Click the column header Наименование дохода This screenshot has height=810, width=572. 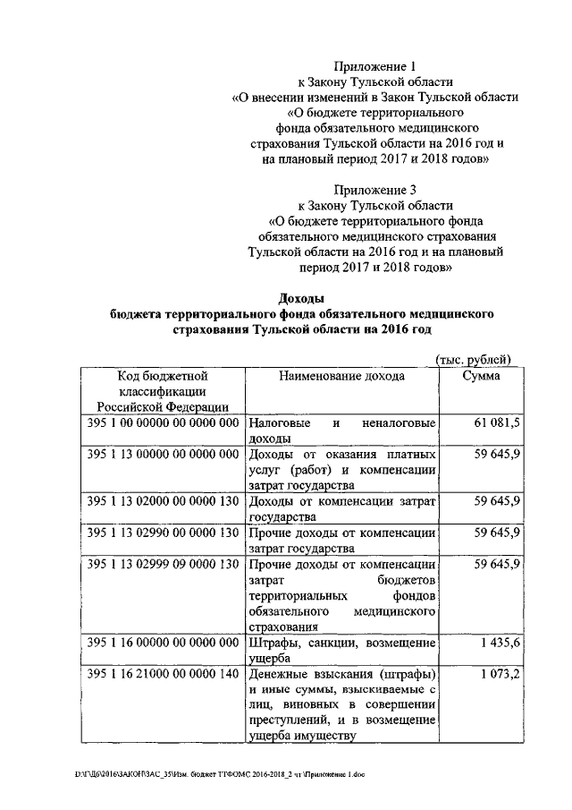[341, 376]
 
